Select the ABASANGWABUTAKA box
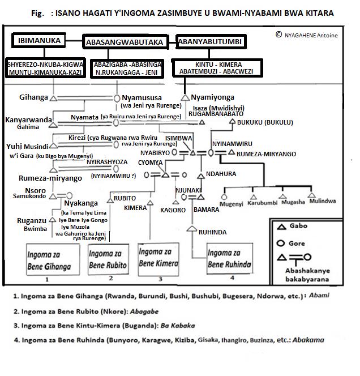(124, 42)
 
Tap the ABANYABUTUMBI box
(210, 41)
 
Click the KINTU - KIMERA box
(218, 67)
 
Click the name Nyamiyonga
(212, 97)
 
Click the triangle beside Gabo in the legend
(280, 227)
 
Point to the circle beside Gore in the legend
(280, 244)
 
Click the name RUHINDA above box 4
(212, 232)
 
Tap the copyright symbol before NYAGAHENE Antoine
(278, 35)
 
